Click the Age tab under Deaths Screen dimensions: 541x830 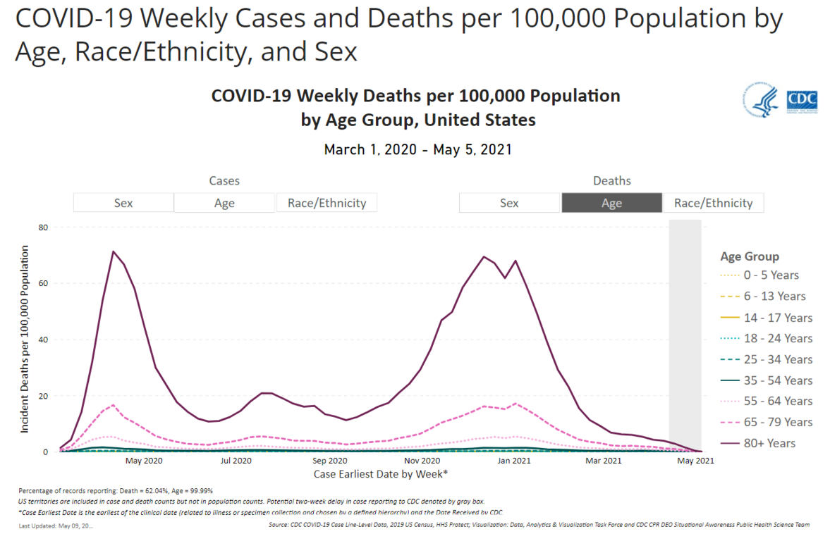tap(611, 203)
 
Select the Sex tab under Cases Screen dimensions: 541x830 tap(123, 203)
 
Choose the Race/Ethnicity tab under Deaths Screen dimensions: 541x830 tap(713, 203)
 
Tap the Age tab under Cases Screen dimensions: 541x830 tap(224, 203)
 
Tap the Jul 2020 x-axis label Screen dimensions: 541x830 tap(236, 461)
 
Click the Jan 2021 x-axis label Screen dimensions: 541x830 tap(514, 461)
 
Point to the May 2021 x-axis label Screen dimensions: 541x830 tap(695, 461)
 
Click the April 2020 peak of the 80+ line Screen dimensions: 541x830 tap(113, 251)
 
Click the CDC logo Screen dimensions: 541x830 tap(802, 99)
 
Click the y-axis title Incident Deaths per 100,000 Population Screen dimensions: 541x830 tap(26, 340)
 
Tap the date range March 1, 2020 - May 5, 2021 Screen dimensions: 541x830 tap(417, 149)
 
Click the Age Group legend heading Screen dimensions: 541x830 tap(750, 256)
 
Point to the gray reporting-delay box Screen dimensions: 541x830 tap(685, 331)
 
